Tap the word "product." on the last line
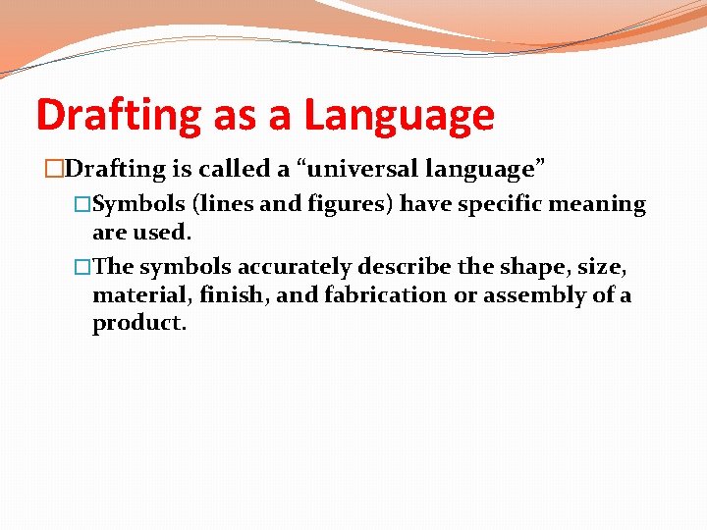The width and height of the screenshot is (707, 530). (x=137, y=324)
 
